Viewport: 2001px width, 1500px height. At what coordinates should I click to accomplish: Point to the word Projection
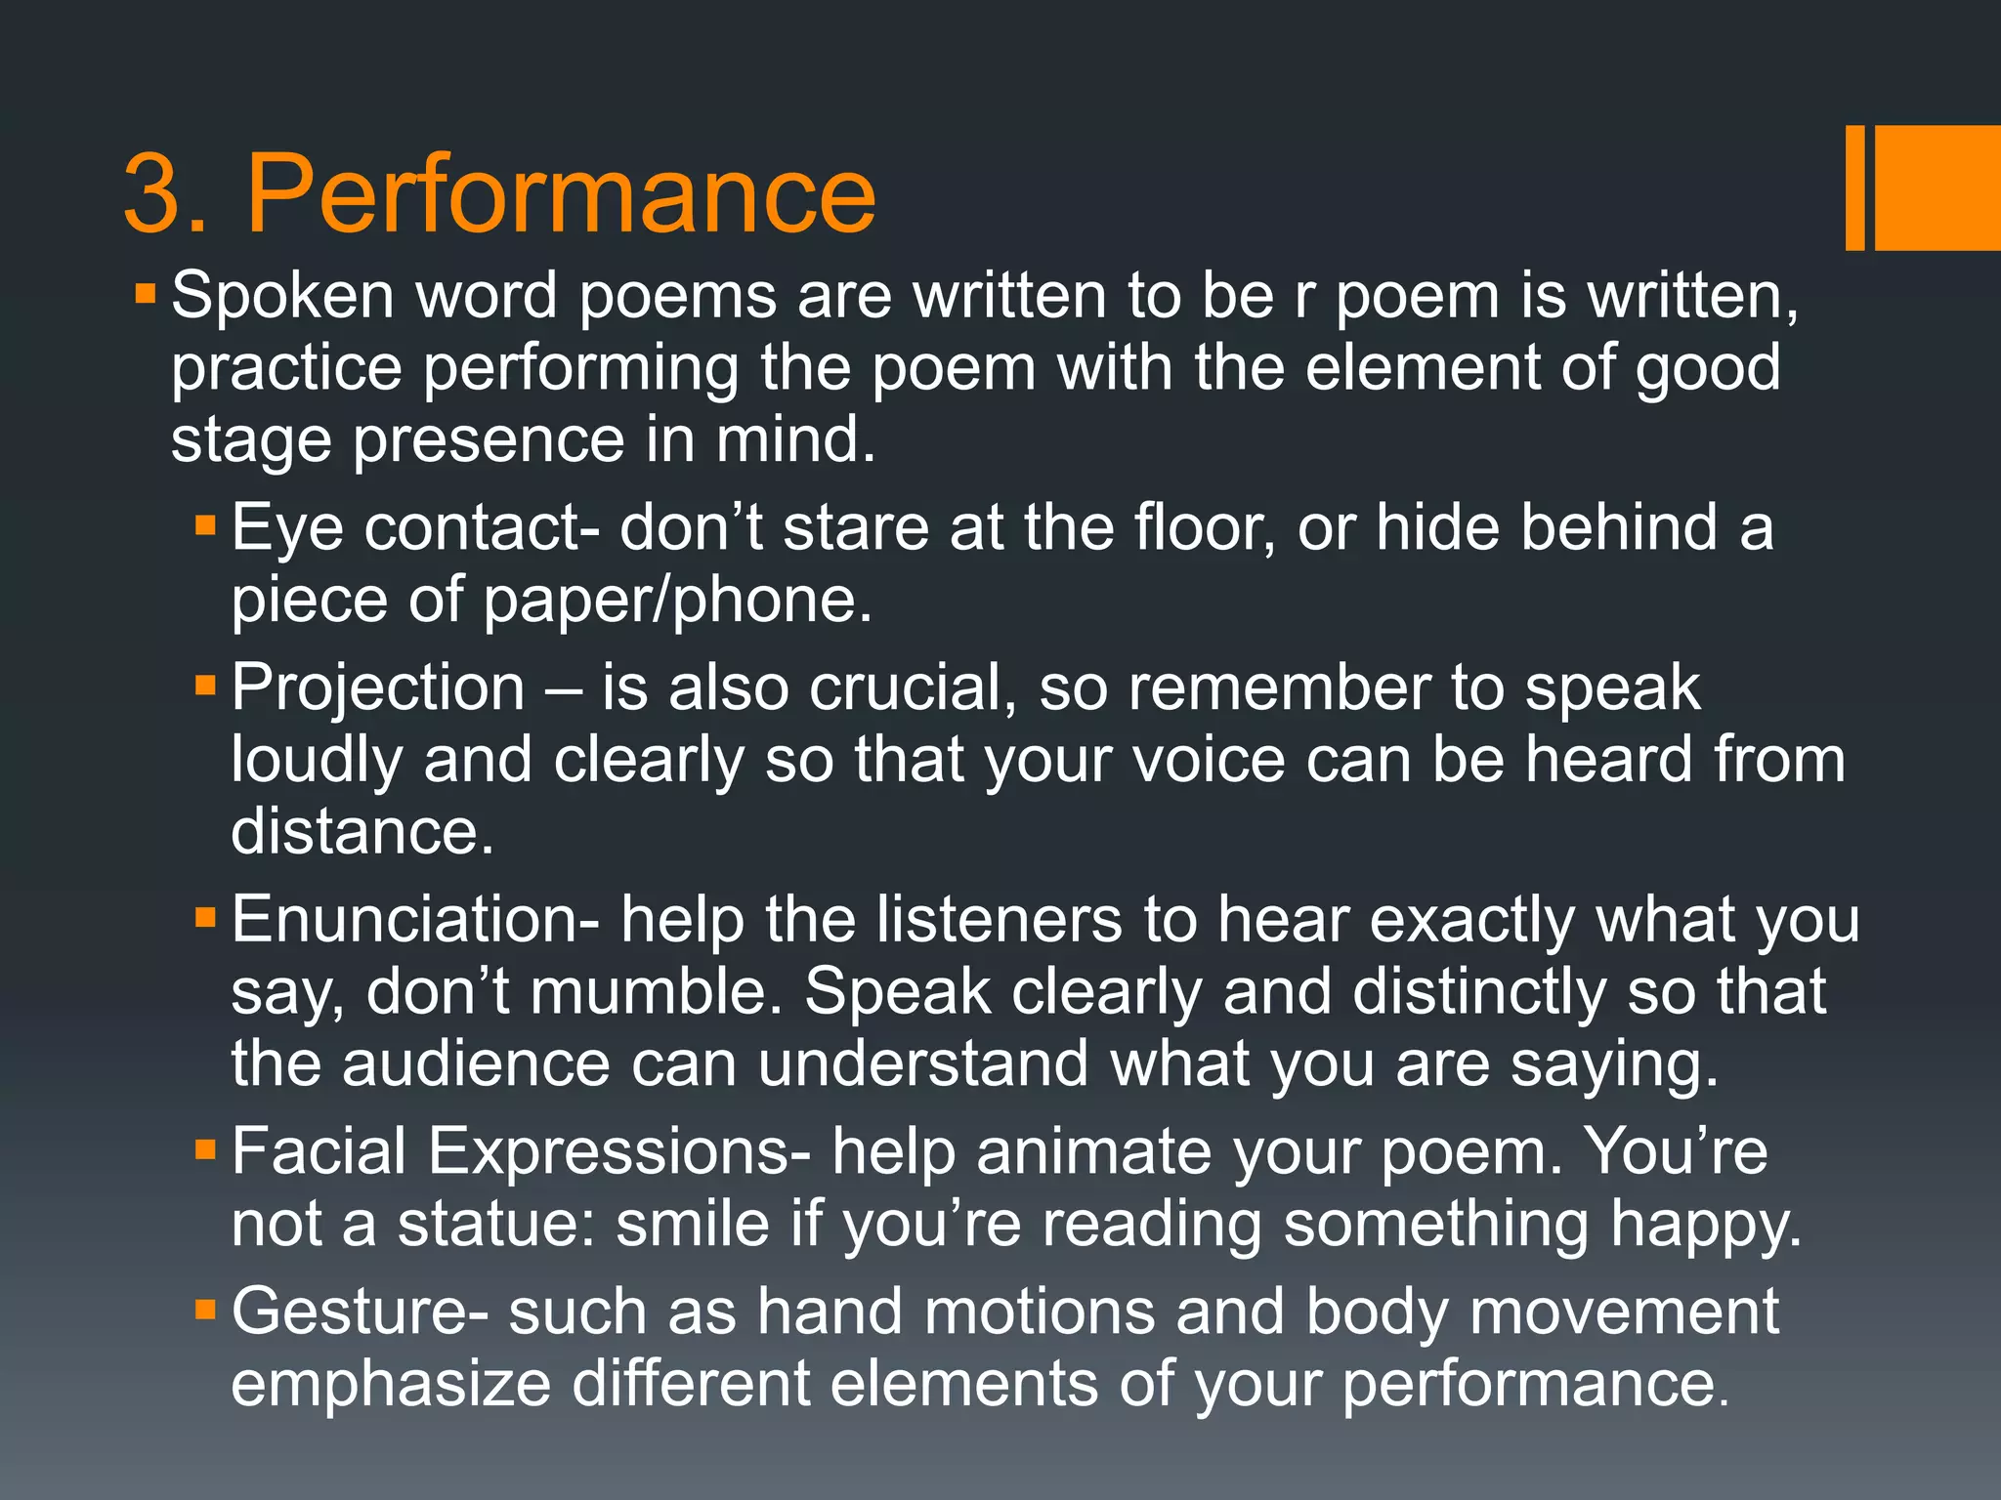coord(378,687)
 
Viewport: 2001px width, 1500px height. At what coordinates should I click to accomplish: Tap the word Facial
coord(319,1151)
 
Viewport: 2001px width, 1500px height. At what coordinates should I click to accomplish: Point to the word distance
coord(362,832)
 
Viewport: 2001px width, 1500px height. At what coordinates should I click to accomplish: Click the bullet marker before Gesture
coord(204,1310)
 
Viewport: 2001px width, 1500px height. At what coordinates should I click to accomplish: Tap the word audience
coord(476,1064)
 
